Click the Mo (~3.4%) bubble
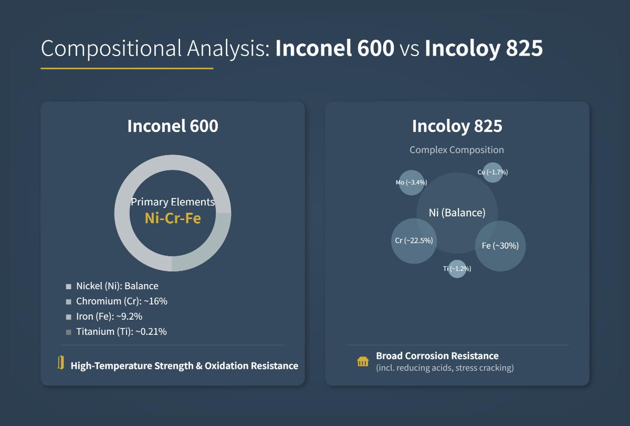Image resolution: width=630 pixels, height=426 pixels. pyautogui.click(x=411, y=182)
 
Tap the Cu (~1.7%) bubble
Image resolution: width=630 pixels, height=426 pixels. pyautogui.click(x=492, y=172)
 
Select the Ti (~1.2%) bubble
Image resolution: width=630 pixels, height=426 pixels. pyautogui.click(x=457, y=269)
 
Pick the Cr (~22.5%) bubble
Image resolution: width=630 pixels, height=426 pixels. pyautogui.click(x=414, y=241)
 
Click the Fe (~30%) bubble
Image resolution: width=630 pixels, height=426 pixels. pyautogui.click(x=500, y=246)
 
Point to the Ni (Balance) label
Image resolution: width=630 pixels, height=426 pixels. pyautogui.click(x=457, y=213)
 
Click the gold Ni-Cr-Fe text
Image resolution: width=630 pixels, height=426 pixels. pyautogui.click(x=173, y=219)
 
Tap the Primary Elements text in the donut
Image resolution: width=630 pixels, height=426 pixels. pyautogui.click(x=173, y=202)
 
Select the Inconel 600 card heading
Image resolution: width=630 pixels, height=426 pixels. pyautogui.click(x=173, y=126)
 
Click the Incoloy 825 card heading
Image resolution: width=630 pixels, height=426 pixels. pyautogui.click(x=457, y=126)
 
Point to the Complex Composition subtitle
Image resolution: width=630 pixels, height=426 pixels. pyautogui.click(x=457, y=150)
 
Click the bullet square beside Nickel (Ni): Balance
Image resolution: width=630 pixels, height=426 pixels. pyautogui.click(x=68, y=287)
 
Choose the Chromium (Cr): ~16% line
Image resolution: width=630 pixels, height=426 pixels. pyautogui.click(x=122, y=301)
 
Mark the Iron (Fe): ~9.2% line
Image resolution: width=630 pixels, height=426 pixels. pyautogui.click(x=109, y=316)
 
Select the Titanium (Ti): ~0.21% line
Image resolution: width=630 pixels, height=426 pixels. pyautogui.click(x=121, y=332)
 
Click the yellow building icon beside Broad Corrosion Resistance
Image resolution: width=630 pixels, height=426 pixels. pyautogui.click(x=363, y=362)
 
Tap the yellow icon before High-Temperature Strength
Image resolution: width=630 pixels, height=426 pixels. pyautogui.click(x=61, y=363)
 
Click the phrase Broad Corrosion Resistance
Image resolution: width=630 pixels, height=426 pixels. pyautogui.click(x=437, y=356)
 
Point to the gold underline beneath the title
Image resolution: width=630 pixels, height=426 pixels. pyautogui.click(x=127, y=68)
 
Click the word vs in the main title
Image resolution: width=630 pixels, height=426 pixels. pyautogui.click(x=409, y=49)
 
